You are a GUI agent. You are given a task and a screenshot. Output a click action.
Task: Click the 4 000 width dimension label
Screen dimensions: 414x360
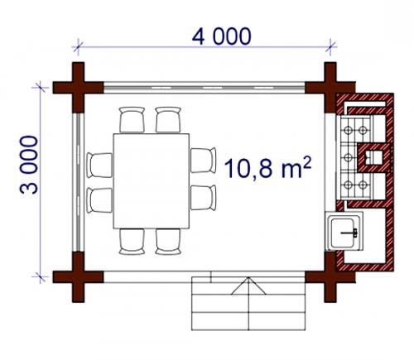point(222,36)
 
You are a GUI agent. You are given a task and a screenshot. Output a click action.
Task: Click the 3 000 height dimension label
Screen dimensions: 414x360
point(29,165)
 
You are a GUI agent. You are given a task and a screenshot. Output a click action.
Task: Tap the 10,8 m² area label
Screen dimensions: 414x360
point(268,167)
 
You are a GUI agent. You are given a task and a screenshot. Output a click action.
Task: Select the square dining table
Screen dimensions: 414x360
point(152,181)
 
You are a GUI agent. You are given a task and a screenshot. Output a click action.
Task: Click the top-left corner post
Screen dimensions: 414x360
point(78,88)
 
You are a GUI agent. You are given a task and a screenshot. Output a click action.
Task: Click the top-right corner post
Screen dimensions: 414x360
point(330,88)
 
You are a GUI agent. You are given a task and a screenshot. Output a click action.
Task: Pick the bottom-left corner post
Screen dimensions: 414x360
point(78,276)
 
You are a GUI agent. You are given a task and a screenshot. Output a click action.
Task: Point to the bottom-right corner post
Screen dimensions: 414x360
point(330,276)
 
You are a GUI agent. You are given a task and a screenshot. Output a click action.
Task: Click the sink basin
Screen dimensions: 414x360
point(343,233)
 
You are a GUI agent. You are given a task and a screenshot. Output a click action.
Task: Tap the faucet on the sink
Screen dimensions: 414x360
point(349,233)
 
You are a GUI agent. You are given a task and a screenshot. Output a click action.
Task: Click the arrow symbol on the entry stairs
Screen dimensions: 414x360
point(249,286)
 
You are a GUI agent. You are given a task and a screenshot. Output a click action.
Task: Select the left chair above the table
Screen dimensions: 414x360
point(132,119)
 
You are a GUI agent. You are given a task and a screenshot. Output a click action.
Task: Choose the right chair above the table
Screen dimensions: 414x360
point(168,119)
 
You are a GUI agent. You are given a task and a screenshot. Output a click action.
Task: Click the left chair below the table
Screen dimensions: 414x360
point(132,242)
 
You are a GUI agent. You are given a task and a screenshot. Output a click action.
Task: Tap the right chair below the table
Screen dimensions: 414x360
point(168,242)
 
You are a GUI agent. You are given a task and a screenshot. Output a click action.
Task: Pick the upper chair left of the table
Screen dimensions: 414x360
point(99,165)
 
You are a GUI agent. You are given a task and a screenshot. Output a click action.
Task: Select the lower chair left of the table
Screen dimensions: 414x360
point(99,200)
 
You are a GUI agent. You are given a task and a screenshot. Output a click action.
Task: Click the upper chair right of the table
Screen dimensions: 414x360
point(203,161)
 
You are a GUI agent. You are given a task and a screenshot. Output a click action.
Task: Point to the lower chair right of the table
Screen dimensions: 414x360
point(203,198)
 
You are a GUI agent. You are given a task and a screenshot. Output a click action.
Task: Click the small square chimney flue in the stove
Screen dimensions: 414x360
point(373,158)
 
